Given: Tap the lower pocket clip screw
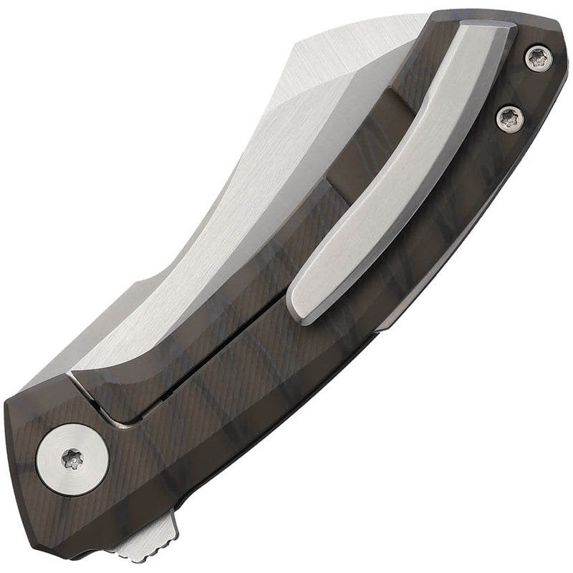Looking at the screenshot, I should coord(509,118).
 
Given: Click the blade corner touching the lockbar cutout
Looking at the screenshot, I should coord(72,373).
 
